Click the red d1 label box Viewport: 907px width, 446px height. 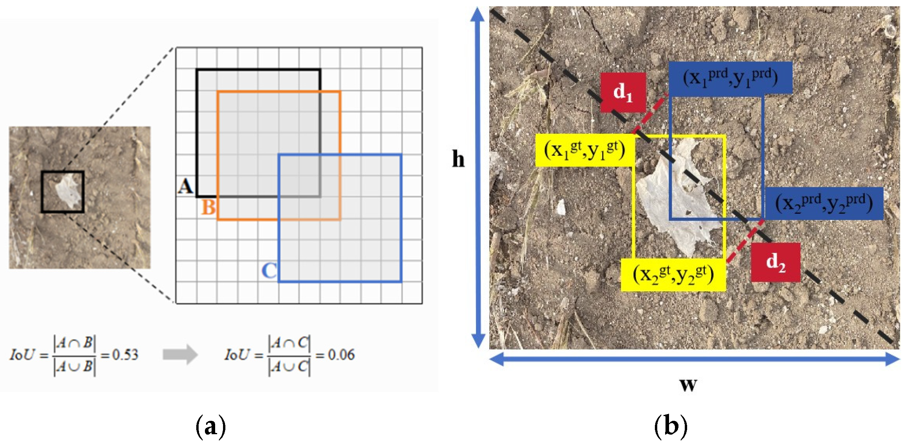tap(623, 92)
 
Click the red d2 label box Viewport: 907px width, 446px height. tap(775, 262)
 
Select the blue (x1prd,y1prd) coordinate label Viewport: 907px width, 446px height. tap(730, 78)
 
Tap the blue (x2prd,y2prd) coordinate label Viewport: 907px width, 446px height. tap(824, 204)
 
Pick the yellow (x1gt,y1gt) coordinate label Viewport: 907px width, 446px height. tap(584, 150)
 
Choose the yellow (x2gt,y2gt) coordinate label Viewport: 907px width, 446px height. tap(673, 275)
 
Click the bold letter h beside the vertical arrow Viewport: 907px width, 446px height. tap(458, 159)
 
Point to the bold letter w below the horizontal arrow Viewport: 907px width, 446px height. tap(688, 384)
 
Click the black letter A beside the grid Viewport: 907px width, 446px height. tap(185, 186)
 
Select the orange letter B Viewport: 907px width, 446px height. tap(208, 207)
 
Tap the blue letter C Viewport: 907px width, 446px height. tap(269, 271)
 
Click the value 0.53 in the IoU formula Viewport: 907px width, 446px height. tap(125, 355)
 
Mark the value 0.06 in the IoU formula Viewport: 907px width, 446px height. tap(341, 355)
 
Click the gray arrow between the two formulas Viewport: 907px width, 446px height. tap(180, 354)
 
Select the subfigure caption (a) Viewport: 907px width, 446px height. tap(211, 426)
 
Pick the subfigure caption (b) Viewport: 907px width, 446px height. tap(671, 426)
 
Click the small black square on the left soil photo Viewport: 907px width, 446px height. tap(63, 192)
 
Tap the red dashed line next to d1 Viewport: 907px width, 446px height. tap(650, 114)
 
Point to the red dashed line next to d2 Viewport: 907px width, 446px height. tap(745, 241)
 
